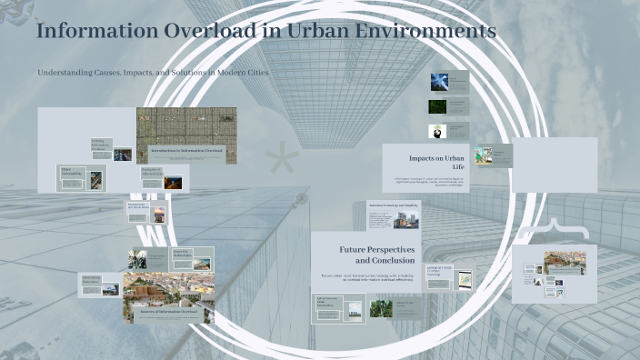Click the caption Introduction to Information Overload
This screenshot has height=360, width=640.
click(185, 149)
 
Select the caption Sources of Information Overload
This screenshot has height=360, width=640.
click(169, 309)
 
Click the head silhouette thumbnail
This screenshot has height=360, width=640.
click(438, 132)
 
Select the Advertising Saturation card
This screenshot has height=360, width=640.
click(100, 284)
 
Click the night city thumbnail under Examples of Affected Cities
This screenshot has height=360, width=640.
click(173, 182)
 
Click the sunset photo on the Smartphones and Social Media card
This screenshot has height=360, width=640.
click(159, 215)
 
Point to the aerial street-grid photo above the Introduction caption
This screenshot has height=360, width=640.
click(186, 125)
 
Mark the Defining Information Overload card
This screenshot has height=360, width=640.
click(111, 149)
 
